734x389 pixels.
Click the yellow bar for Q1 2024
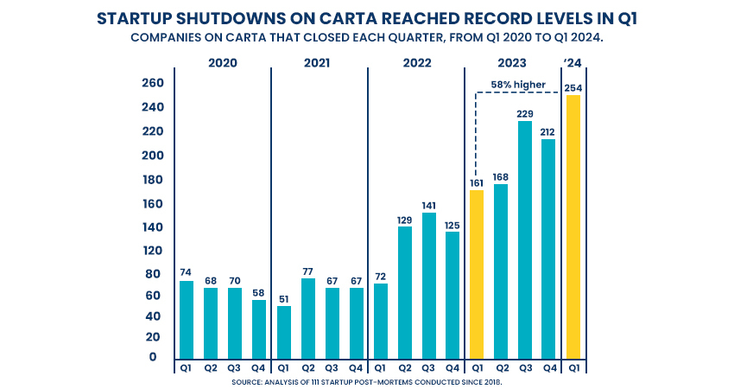(x=573, y=226)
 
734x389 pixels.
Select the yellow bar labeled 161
(x=476, y=274)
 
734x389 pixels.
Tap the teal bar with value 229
(x=524, y=239)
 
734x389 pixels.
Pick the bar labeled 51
(x=283, y=332)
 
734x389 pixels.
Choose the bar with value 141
(x=428, y=285)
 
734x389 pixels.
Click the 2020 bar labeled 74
(x=187, y=319)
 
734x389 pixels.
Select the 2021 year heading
(x=320, y=63)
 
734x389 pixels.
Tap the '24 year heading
(x=572, y=63)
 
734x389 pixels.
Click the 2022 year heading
(x=416, y=63)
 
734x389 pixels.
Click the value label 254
(x=573, y=88)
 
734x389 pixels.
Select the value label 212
(x=548, y=132)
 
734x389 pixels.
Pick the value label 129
(x=404, y=220)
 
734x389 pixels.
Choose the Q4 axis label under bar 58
(x=259, y=367)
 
